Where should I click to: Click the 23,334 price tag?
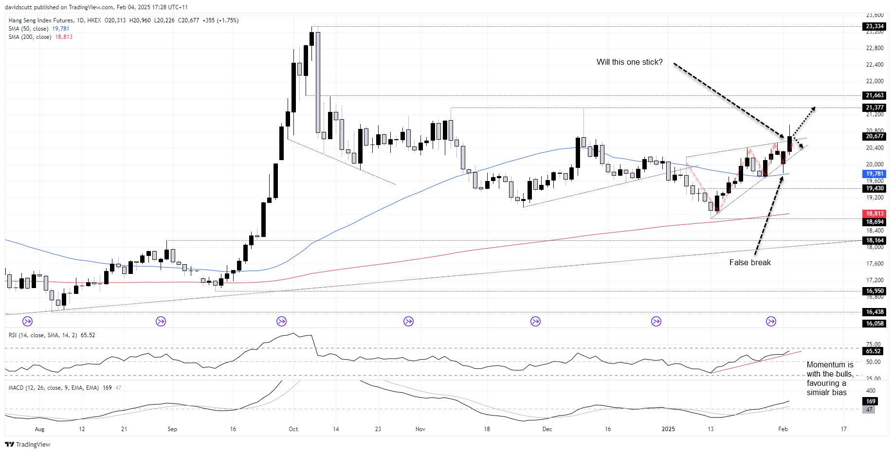(875, 26)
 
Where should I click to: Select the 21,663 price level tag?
(875, 95)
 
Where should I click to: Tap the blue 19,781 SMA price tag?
(875, 174)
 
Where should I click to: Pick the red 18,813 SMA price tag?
(875, 214)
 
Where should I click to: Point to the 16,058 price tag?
(875, 324)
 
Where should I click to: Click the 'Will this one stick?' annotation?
(630, 62)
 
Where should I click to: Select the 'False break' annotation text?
(750, 263)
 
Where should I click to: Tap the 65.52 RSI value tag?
(873, 351)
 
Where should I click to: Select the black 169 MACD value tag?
(871, 401)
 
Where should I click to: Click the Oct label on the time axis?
(293, 429)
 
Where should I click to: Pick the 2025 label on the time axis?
(668, 429)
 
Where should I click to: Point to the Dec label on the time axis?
(547, 429)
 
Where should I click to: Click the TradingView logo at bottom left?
(28, 445)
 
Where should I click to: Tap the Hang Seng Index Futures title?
(41, 20)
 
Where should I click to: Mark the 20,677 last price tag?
(875, 136)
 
